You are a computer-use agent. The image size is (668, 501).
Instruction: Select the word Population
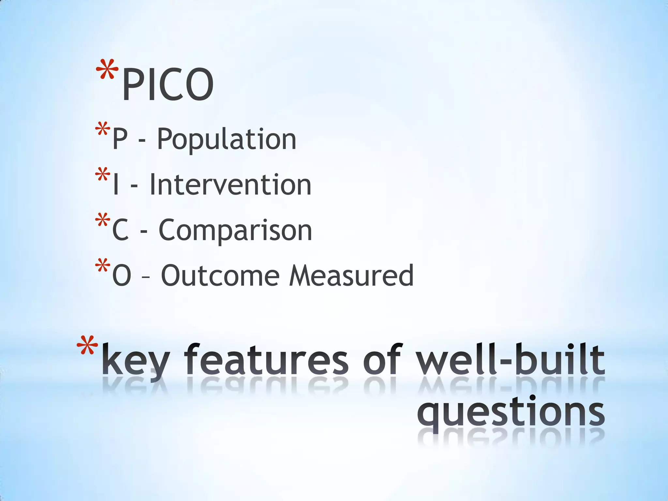coord(227,140)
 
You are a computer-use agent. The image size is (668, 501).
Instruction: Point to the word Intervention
coord(230,185)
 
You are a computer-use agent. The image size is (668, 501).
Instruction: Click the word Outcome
coord(220,276)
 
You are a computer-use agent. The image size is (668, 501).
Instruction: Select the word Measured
coord(352,276)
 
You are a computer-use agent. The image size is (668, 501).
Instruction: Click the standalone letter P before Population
coord(119,140)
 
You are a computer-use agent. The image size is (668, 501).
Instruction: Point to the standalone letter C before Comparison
coord(120,231)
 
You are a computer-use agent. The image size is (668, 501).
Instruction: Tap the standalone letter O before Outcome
coord(121,276)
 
